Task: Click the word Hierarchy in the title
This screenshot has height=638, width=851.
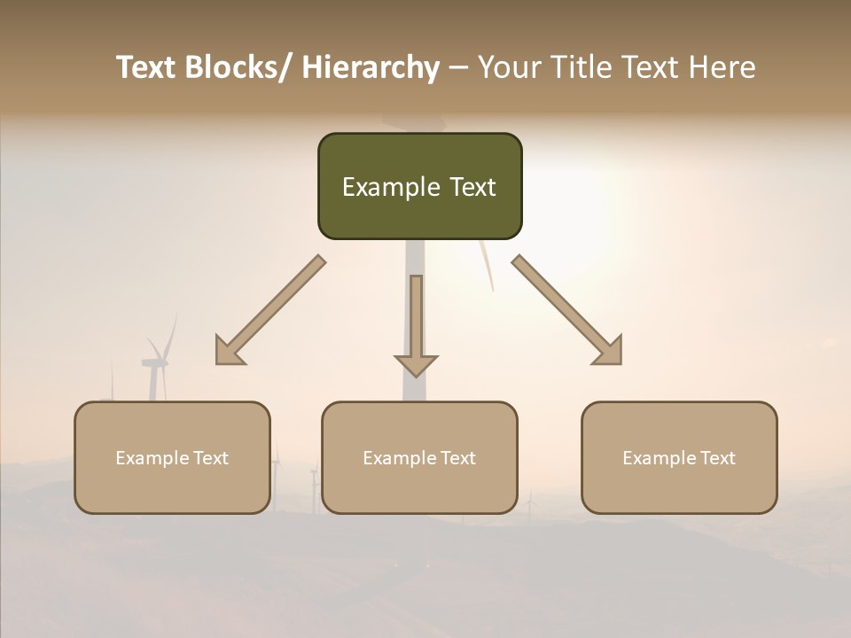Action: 371,67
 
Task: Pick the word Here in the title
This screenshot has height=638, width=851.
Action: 722,67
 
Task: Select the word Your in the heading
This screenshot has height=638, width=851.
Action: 507,67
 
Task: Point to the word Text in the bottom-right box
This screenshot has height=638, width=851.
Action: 717,458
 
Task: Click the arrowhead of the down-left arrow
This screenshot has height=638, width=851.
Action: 228,353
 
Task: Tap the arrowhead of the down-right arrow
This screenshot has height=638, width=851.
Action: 610,353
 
